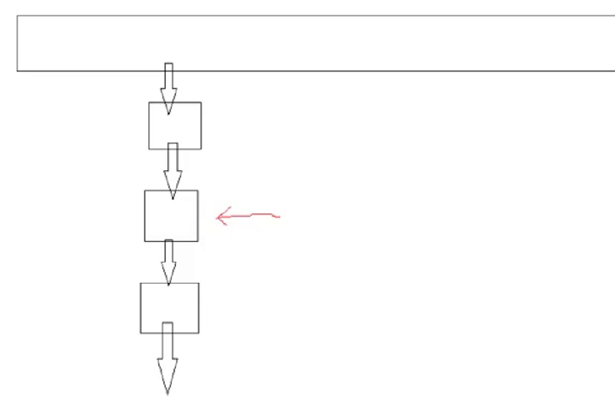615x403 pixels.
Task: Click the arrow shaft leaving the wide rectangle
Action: [168, 77]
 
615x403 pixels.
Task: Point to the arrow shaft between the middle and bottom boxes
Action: [169, 252]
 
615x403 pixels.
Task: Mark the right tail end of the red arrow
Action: [279, 216]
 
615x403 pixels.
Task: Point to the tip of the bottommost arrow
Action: [168, 394]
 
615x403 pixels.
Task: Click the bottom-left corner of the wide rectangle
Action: [17, 71]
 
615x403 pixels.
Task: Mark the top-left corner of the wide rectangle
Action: [17, 15]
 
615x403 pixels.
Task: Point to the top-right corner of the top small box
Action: [201, 103]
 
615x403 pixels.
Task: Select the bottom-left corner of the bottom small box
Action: [140, 333]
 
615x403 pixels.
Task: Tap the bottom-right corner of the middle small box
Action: [197, 241]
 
